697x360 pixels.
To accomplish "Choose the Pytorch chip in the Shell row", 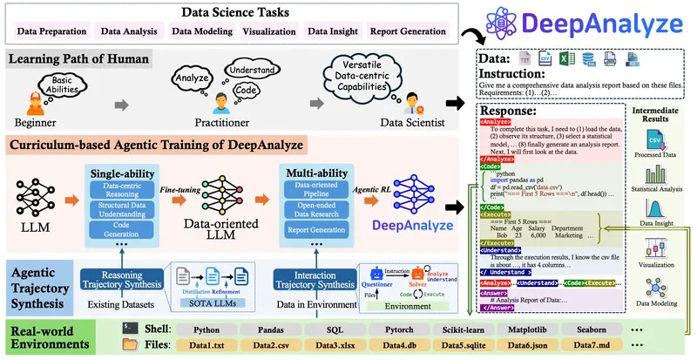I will point(399,330).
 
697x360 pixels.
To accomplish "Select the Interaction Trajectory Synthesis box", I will point(315,279).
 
